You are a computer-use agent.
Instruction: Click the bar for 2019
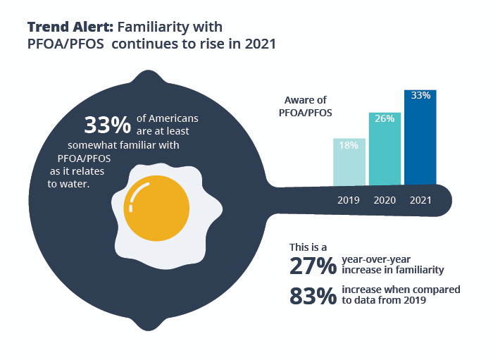[x=349, y=162]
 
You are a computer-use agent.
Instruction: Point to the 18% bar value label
[x=349, y=145]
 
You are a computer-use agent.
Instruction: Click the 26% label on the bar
[x=385, y=119]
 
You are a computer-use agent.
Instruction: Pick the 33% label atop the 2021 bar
[x=420, y=96]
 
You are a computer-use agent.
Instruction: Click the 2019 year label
[x=349, y=200]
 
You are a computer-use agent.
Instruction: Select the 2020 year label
[x=385, y=200]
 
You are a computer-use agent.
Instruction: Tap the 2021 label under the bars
[x=420, y=200]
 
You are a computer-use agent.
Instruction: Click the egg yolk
[x=156, y=209]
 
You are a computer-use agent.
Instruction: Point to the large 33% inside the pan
[x=107, y=125]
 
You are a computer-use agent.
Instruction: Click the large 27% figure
[x=312, y=266]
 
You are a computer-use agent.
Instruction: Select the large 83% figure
[x=312, y=296]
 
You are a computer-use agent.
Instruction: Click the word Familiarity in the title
[x=170, y=27]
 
